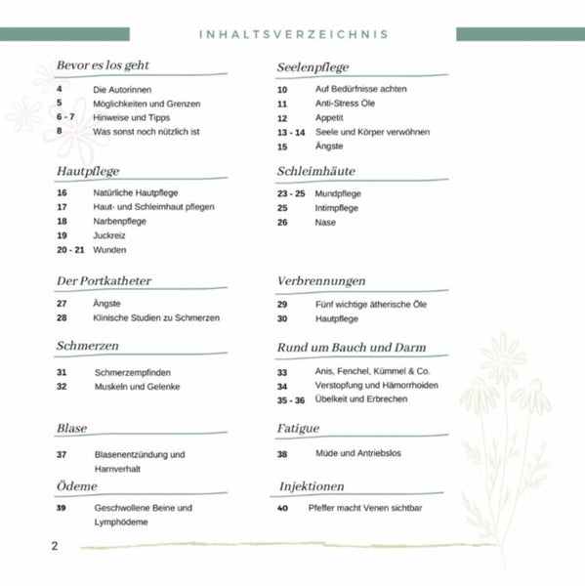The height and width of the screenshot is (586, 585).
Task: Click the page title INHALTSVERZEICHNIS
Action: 293,34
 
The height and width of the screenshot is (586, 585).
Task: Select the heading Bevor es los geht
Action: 103,65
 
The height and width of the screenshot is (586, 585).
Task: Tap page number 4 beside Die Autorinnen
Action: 60,89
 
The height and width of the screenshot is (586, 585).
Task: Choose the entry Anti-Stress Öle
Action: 345,103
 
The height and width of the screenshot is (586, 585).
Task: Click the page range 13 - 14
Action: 291,132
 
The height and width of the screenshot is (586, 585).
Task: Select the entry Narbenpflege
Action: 120,221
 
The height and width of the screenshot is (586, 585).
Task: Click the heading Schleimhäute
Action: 316,170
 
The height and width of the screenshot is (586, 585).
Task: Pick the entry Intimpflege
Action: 337,208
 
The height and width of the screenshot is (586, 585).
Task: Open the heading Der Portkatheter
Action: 104,280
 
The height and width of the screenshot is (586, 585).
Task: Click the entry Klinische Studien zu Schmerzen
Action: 156,317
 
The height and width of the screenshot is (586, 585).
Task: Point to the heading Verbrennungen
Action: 321,280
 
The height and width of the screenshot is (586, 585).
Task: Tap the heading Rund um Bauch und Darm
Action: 352,348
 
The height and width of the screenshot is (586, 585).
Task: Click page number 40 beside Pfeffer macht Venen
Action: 283,508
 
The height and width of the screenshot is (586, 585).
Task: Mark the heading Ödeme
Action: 77,485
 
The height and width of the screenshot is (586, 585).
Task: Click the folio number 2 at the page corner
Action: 55,545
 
